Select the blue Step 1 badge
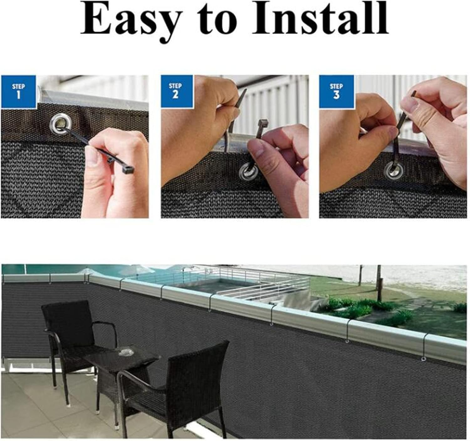click(x=18, y=92)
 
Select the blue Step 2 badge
click(x=175, y=91)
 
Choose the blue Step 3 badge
click(x=336, y=91)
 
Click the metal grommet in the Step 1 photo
click(x=59, y=124)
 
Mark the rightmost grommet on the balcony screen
click(x=423, y=359)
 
